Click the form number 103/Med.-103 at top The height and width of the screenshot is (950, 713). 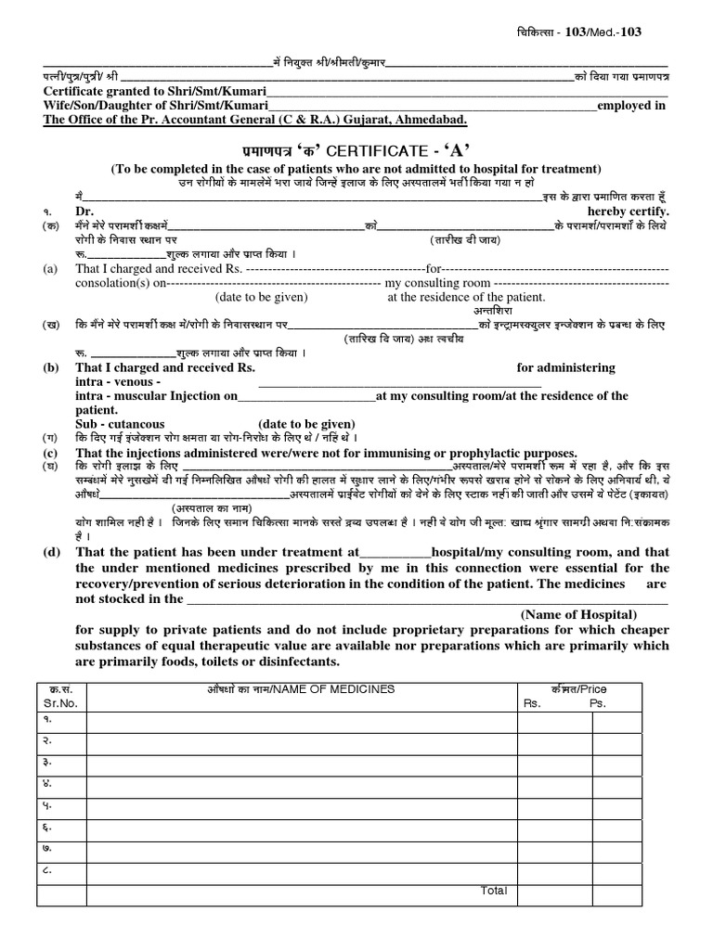point(603,32)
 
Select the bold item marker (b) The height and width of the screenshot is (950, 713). point(50,367)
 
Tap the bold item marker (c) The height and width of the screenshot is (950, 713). point(50,452)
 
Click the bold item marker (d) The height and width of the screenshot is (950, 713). point(50,551)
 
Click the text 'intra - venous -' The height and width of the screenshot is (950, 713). point(118,381)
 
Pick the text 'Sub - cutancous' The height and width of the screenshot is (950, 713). point(120,423)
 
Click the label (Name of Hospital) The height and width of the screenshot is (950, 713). point(578,614)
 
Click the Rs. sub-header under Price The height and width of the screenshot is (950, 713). point(531,704)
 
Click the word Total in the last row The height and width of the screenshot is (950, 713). point(494,891)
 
